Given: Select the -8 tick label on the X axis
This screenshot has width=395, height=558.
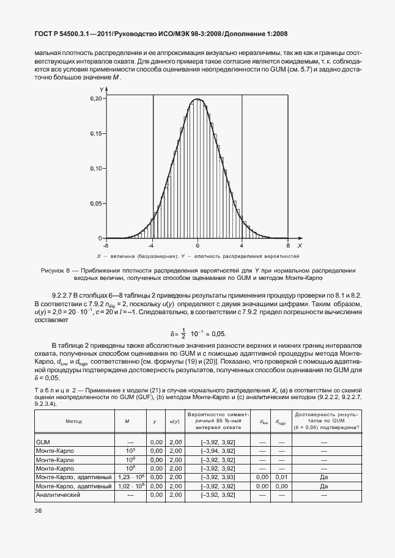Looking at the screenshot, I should click(107, 244).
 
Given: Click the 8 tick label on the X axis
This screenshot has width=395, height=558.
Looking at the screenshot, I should click(287, 244).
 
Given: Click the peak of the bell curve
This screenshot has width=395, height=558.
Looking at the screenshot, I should click(197, 99).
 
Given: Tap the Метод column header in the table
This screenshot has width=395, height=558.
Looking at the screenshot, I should click(73, 421).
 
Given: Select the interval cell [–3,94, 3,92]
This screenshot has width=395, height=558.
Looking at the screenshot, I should click(218, 450).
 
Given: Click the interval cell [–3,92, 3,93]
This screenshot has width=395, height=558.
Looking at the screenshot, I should click(218, 477).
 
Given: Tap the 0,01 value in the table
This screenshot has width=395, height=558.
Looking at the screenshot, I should click(281, 477).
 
